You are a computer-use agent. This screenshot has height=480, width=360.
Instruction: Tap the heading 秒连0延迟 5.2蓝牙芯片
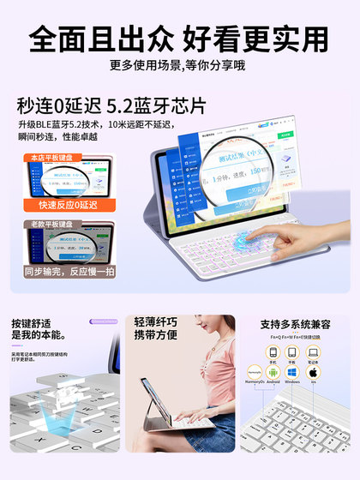tap(111, 107)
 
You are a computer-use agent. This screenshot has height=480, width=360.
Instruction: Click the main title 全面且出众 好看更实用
tap(179, 39)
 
